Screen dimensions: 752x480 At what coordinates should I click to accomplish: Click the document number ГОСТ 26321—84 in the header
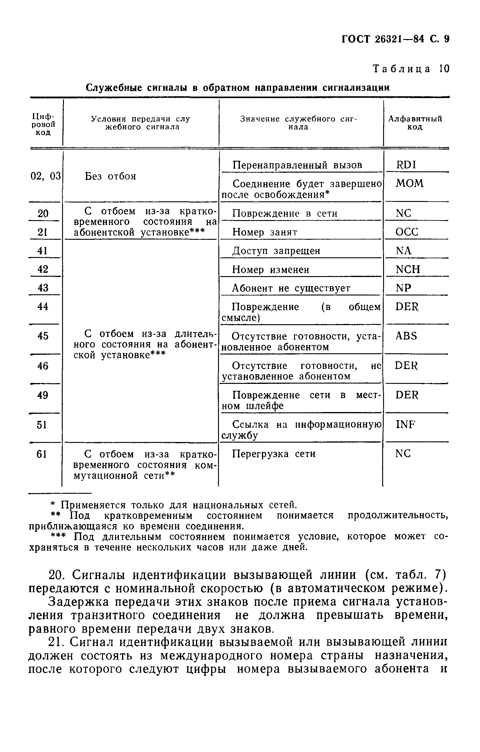click(383, 39)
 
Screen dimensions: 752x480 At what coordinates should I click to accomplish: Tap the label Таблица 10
click(411, 69)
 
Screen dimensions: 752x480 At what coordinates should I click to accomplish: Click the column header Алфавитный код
click(415, 123)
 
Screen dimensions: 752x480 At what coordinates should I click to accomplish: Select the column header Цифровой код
click(43, 124)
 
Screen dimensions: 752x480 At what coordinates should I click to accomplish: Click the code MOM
click(409, 183)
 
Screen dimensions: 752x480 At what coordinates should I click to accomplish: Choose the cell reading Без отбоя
click(111, 176)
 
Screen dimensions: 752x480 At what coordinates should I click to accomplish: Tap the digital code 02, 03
click(45, 176)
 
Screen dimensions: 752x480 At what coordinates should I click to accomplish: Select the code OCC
click(407, 232)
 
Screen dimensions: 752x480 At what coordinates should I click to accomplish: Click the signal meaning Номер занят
click(265, 232)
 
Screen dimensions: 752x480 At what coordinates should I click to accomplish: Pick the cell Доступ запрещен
click(276, 251)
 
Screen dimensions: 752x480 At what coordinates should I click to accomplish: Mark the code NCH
click(408, 269)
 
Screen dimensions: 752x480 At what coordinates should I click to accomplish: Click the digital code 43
click(43, 288)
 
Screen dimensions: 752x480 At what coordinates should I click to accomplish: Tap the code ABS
click(406, 336)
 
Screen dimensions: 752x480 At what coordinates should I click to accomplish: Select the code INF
click(406, 424)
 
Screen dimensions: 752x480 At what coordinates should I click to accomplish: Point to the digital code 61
click(41, 454)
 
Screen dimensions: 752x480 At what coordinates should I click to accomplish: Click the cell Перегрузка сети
click(273, 454)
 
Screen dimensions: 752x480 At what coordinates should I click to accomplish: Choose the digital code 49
click(43, 395)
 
